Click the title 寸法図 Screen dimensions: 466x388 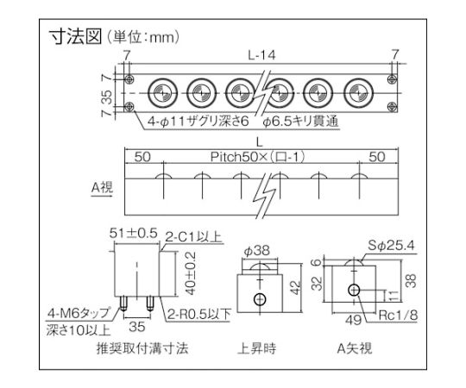[75, 37]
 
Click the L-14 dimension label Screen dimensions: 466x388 [261, 55]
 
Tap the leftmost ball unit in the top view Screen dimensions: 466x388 [162, 93]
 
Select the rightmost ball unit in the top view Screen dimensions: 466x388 [358, 93]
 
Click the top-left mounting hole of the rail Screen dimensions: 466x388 [129, 79]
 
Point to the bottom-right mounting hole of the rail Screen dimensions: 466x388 [393, 107]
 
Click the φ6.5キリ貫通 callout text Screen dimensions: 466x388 [300, 122]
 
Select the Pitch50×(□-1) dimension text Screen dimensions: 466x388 [257, 157]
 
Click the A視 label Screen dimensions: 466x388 [102, 187]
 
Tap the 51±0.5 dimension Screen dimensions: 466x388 [134, 233]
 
